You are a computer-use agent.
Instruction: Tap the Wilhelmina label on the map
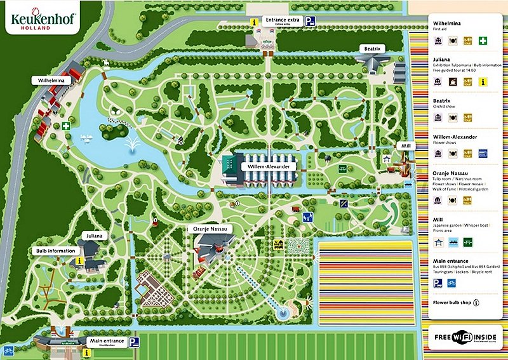coord(51,81)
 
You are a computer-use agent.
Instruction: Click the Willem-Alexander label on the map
coord(269,166)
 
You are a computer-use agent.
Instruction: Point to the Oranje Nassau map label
coord(210,228)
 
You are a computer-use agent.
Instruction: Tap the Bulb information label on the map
coord(55,251)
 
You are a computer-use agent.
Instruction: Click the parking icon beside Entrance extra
coord(310,21)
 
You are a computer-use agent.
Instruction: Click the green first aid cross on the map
coord(66,126)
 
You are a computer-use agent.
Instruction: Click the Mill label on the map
coord(404,145)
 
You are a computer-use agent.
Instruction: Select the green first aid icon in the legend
coord(483,41)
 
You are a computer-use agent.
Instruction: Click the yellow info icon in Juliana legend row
coord(483,81)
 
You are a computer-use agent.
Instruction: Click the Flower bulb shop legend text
coord(452,302)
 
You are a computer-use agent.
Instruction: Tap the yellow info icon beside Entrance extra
coord(254,21)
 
